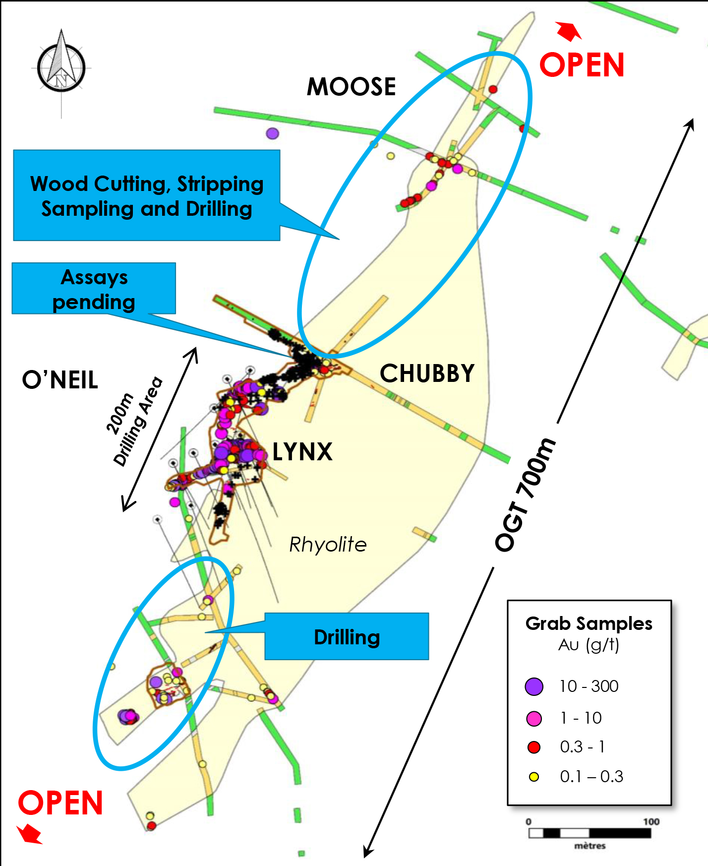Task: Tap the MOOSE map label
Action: pos(351,87)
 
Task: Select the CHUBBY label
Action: pos(427,373)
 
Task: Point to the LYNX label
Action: pos(302,452)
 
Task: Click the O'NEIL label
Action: pos(60,380)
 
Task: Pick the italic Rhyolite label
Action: pos(328,545)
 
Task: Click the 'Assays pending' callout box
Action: pos(94,289)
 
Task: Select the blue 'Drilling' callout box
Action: pos(347,637)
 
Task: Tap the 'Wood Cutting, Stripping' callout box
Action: pos(147,195)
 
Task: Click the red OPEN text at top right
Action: pos(582,65)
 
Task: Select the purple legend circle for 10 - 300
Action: pos(534,686)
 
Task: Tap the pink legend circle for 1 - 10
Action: pos(534,718)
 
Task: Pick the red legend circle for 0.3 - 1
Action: pos(534,747)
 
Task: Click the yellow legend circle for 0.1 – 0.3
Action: pos(534,777)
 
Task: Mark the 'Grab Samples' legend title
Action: pos(589,623)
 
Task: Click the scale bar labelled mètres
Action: pos(590,833)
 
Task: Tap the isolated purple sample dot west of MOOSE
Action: pos(273,133)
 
